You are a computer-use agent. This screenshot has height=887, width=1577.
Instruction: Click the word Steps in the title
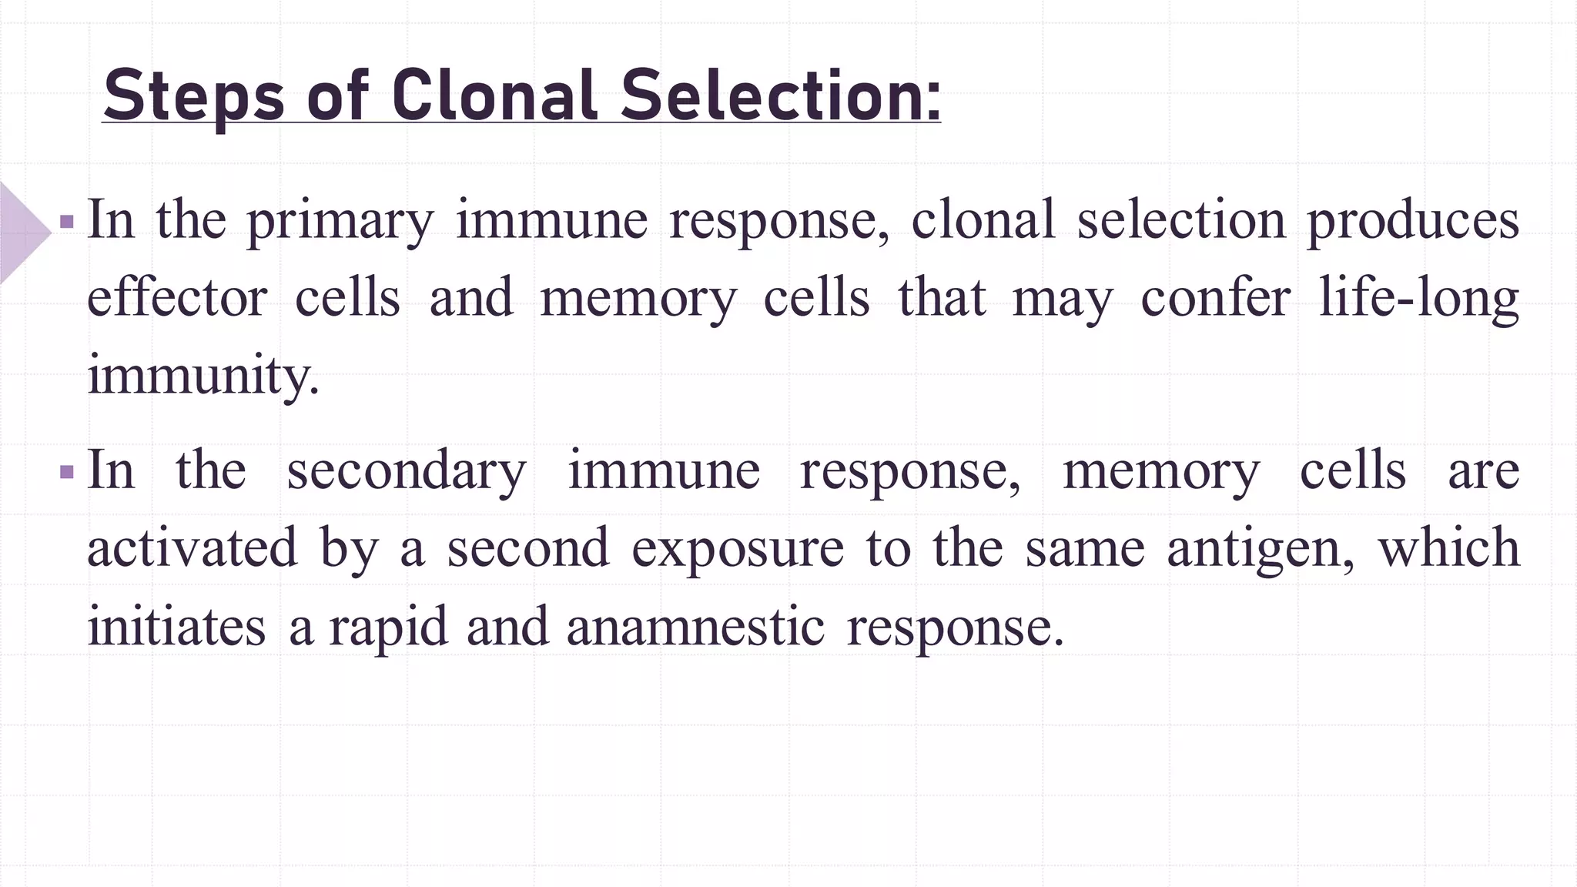pyautogui.click(x=193, y=96)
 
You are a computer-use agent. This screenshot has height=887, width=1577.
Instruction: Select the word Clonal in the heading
pyautogui.click(x=494, y=96)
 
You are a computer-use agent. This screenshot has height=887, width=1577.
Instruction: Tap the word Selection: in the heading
pyautogui.click(x=781, y=96)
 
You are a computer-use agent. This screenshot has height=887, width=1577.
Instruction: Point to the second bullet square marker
pyautogui.click(x=67, y=472)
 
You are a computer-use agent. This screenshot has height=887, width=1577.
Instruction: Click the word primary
pyautogui.click(x=340, y=222)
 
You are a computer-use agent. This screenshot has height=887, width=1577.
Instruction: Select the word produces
pyautogui.click(x=1413, y=222)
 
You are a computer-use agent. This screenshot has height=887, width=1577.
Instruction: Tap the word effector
pyautogui.click(x=177, y=298)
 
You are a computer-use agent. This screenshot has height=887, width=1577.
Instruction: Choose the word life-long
pyautogui.click(x=1419, y=298)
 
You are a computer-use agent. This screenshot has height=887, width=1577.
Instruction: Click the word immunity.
pyautogui.click(x=203, y=376)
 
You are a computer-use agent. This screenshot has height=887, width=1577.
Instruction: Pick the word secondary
pyautogui.click(x=407, y=470)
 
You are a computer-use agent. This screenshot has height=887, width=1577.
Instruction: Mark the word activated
pyautogui.click(x=192, y=548)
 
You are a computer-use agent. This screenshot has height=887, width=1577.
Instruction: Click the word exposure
pyautogui.click(x=738, y=548)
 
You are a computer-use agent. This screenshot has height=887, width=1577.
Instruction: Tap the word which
pyautogui.click(x=1448, y=548)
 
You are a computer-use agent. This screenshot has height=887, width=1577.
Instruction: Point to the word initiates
pyautogui.click(x=176, y=626)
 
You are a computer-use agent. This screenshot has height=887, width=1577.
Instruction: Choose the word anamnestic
pyautogui.click(x=695, y=626)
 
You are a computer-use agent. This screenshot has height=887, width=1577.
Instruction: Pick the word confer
pyautogui.click(x=1215, y=298)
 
